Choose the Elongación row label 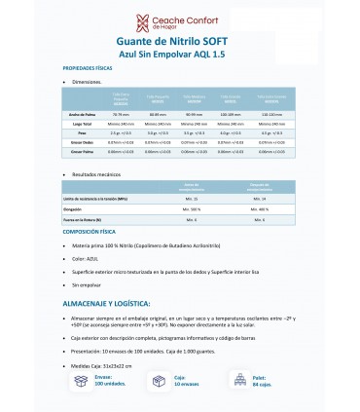coord(78,235)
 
